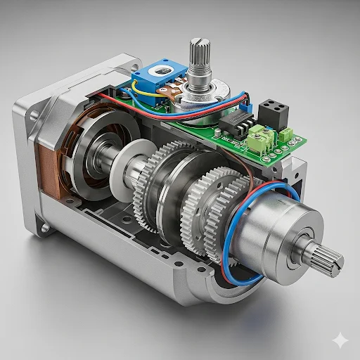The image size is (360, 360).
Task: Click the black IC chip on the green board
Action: pyautogui.click(x=236, y=123)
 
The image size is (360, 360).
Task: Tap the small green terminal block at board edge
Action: pyautogui.click(x=286, y=134)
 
